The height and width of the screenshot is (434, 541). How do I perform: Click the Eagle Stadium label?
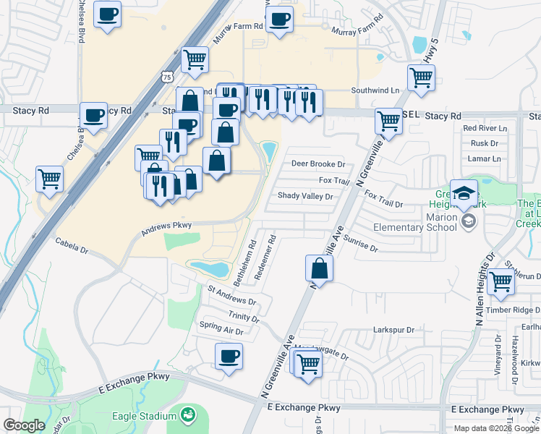coord(145,416)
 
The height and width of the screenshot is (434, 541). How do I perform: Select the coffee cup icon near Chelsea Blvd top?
coord(108,15)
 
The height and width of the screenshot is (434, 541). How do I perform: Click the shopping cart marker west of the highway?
coord(49,178)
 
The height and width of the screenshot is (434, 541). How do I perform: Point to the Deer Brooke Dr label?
coord(318,164)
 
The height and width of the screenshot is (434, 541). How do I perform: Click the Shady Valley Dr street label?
coord(305,196)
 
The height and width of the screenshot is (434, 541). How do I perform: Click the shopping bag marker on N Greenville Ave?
coord(319,269)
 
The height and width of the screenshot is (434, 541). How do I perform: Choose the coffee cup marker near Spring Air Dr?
coord(229,356)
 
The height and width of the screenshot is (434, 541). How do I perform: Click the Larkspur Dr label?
coord(393,330)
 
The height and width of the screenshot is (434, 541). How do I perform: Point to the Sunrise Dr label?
coord(361,244)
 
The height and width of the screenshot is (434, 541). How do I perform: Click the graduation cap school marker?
coord(464,192)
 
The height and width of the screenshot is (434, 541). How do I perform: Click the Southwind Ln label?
coord(375,90)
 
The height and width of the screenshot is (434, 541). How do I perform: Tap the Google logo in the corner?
coord(24,425)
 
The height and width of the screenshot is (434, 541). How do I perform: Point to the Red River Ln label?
coord(485,128)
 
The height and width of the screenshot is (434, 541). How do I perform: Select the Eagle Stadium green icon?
coord(188,415)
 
